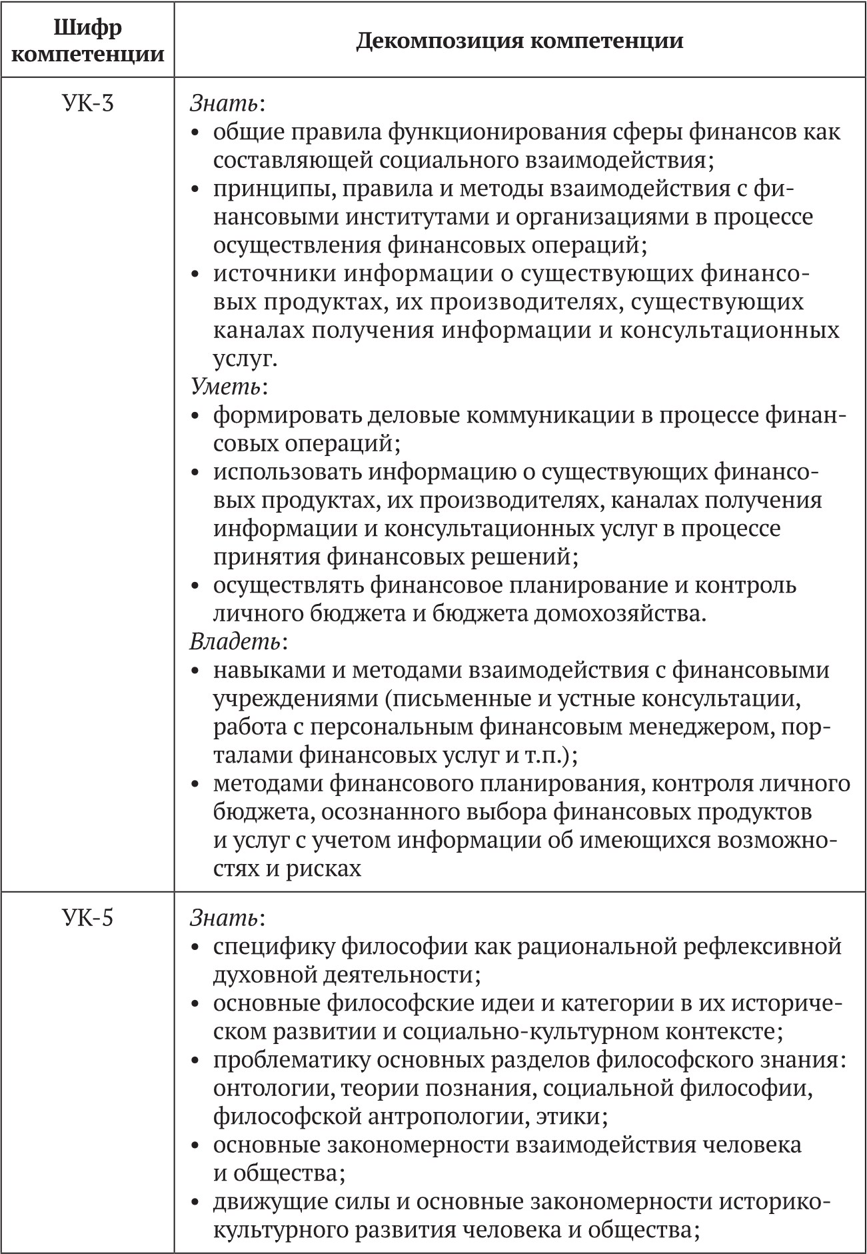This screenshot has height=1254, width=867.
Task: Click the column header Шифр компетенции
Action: click(88, 41)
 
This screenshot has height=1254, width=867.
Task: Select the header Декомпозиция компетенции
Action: click(519, 41)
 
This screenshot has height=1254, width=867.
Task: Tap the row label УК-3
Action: click(88, 104)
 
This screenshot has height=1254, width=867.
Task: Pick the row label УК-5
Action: click(88, 918)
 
